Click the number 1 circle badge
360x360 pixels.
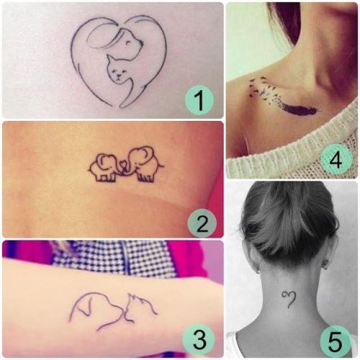click(x=199, y=100)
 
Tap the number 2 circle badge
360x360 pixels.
click(x=202, y=223)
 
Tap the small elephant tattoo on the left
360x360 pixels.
click(x=104, y=168)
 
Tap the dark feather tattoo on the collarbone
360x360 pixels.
click(x=300, y=109)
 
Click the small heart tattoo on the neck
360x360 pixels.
click(x=289, y=299)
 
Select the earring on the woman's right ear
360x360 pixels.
click(x=325, y=267)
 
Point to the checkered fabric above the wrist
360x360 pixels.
click(x=115, y=258)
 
